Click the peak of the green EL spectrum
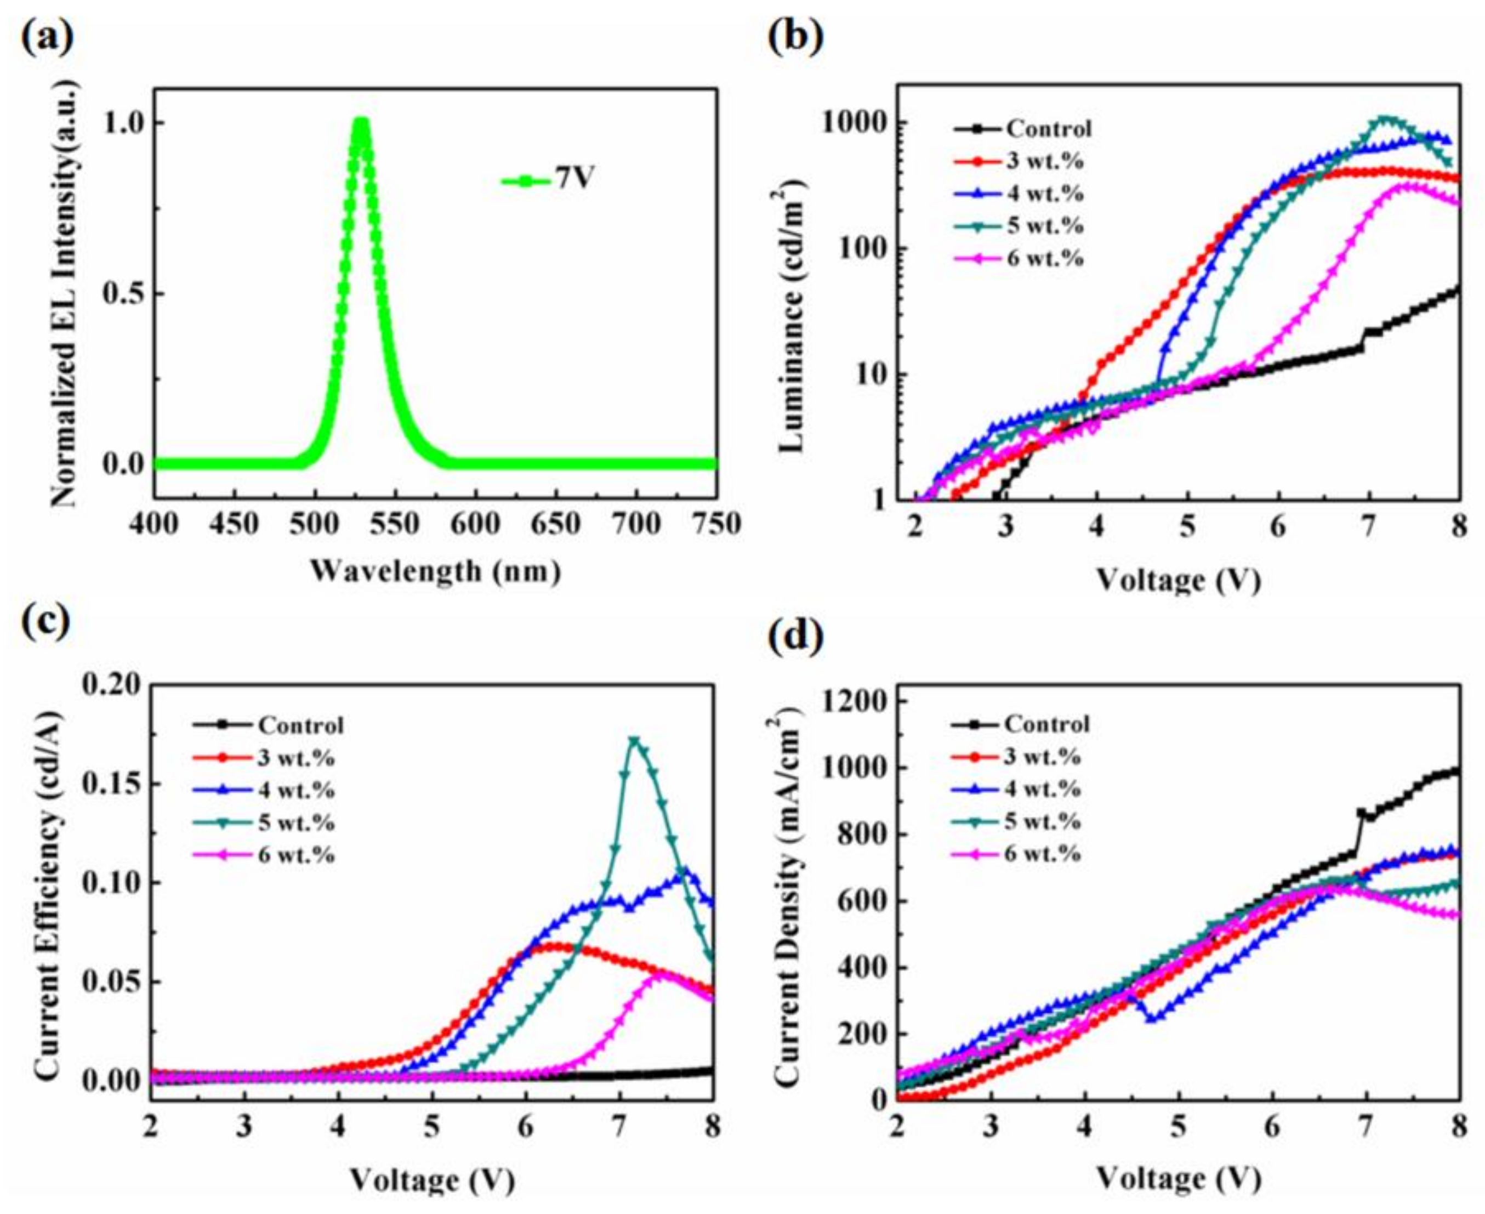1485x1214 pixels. tap(361, 122)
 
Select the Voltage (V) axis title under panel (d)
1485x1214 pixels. tap(1178, 1181)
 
